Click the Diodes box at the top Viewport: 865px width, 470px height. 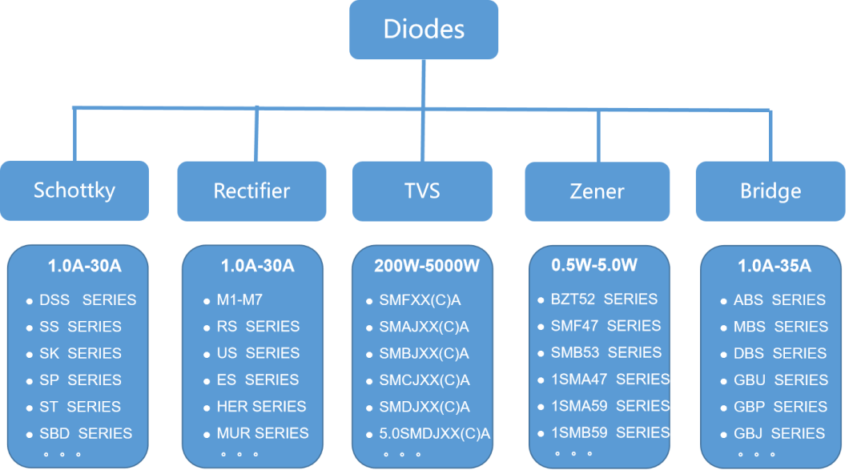[424, 30]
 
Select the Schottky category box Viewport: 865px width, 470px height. [74, 191]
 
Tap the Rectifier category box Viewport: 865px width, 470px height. [251, 191]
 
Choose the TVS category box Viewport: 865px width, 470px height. [422, 191]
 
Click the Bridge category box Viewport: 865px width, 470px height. [770, 191]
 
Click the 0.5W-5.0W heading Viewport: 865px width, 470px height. [594, 264]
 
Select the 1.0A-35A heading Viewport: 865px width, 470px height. [774, 266]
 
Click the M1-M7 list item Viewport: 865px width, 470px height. [239, 300]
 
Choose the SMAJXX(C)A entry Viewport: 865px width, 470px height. [424, 327]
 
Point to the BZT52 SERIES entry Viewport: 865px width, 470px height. [604, 299]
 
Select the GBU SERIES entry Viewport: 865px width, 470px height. [779, 380]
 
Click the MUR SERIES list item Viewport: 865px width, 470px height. [263, 433]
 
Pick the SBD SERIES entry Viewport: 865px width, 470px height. [86, 434]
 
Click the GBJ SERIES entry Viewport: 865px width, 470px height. [779, 434]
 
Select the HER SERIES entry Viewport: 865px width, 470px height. [261, 407]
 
